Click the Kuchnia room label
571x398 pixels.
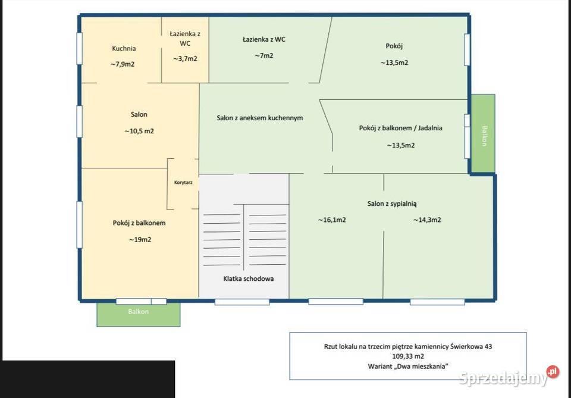[x=124, y=48]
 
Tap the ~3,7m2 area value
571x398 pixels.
[x=185, y=59]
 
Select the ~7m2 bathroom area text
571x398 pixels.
[x=264, y=56]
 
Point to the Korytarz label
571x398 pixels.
[x=183, y=183]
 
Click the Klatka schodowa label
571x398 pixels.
[x=249, y=278]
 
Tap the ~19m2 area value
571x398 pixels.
[x=140, y=240]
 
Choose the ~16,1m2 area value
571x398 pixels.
[x=332, y=220]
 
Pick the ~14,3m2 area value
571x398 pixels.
[x=427, y=220]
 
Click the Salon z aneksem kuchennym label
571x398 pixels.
[x=260, y=118]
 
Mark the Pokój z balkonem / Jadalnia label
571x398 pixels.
[x=400, y=128]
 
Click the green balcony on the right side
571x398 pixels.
[x=483, y=133]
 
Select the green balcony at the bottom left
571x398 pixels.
[x=139, y=315]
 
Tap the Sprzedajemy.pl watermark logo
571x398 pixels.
[x=509, y=377]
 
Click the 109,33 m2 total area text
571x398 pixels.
[x=408, y=356]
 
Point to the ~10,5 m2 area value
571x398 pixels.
[x=139, y=131]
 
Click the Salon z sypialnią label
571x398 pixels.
[x=392, y=204]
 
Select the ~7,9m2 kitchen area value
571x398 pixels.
[x=123, y=64]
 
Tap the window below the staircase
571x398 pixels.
[x=242, y=302]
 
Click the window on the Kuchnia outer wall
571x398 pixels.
[x=79, y=49]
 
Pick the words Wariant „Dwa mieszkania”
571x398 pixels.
[x=408, y=366]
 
